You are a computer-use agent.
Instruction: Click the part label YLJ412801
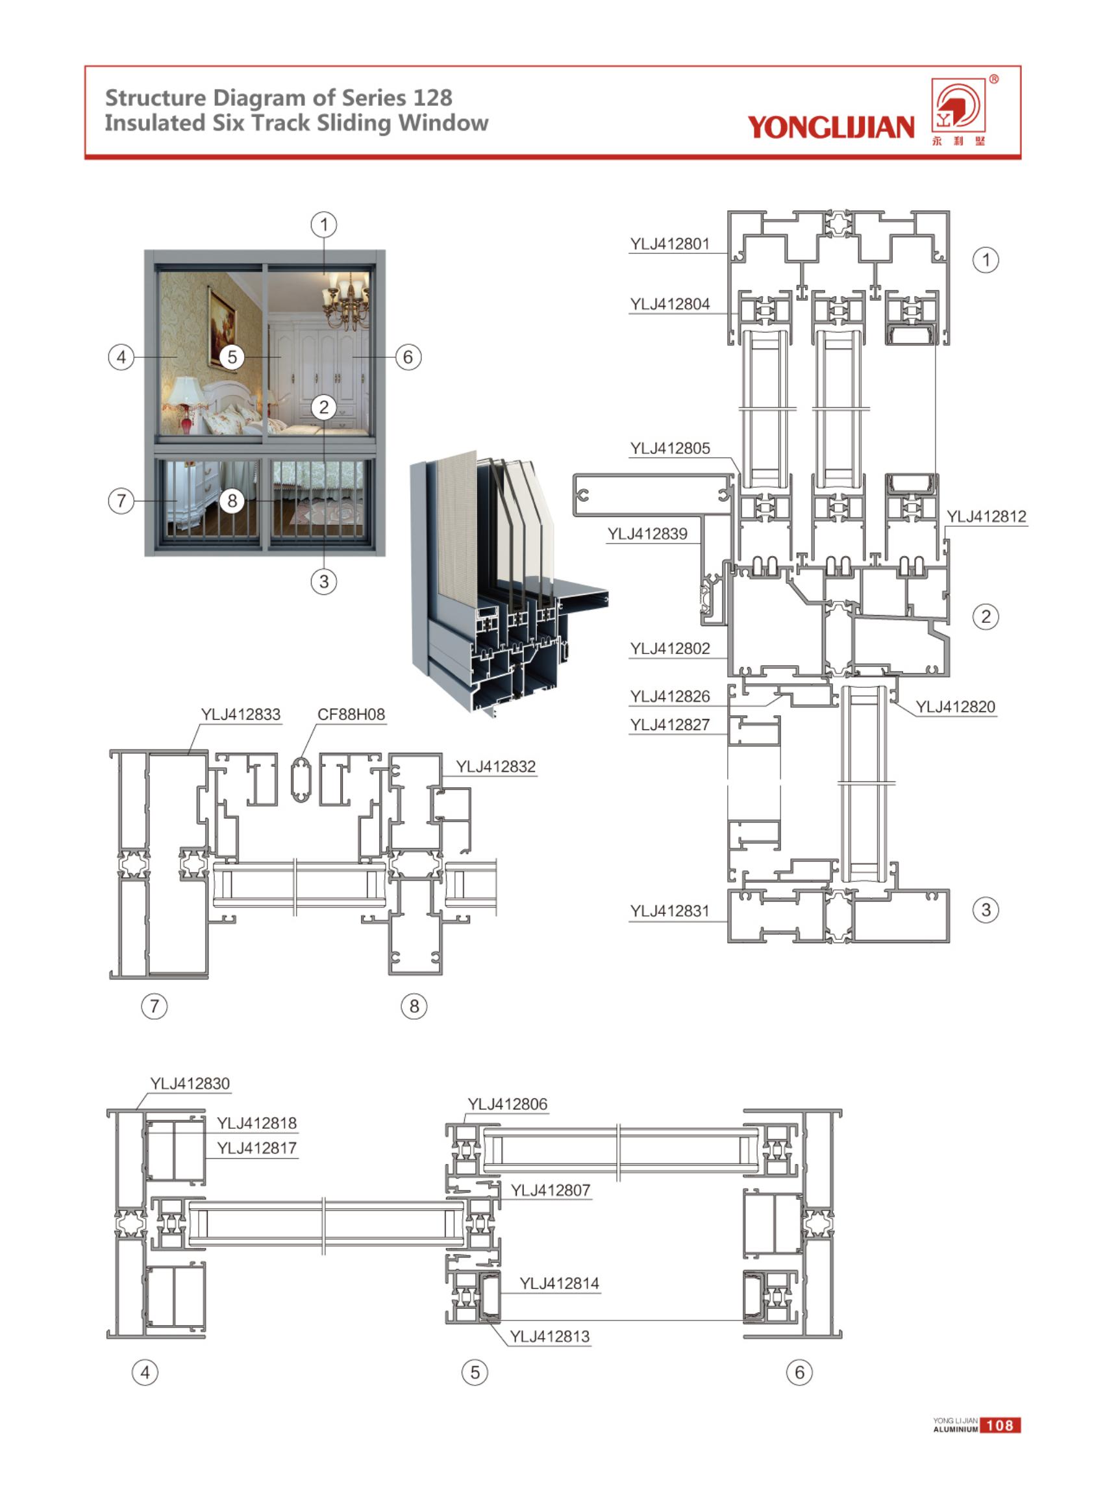click(669, 244)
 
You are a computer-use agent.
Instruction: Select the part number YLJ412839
click(647, 534)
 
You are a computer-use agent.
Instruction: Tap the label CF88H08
click(351, 714)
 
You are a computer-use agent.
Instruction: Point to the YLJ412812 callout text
click(986, 516)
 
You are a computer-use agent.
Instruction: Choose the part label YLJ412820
click(955, 707)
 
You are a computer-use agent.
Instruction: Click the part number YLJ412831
click(669, 911)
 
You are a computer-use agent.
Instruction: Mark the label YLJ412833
click(241, 714)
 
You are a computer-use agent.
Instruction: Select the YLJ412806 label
click(507, 1104)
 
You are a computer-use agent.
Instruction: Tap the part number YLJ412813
click(550, 1336)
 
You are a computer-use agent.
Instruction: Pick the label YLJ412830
click(190, 1083)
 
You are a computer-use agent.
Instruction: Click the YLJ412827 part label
click(669, 725)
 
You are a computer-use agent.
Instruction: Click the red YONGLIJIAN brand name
click(831, 127)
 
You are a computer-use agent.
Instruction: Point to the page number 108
click(999, 1425)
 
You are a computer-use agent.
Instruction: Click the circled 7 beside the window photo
click(121, 501)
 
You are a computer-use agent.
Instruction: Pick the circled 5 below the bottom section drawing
click(475, 1372)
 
